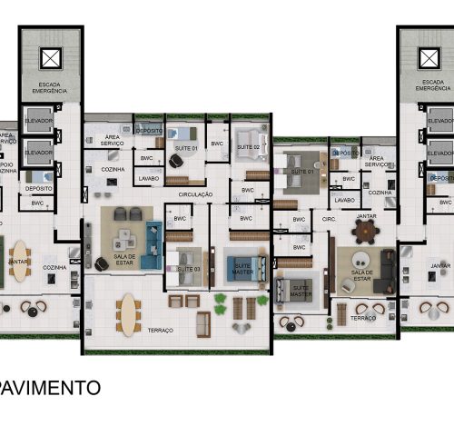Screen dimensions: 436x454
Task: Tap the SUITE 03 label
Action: pyautogui.click(x=188, y=270)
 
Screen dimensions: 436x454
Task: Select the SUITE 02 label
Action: pyautogui.click(x=249, y=147)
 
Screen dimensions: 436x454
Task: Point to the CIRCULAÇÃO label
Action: pyautogui.click(x=195, y=194)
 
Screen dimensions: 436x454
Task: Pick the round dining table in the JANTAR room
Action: pyautogui.click(x=366, y=233)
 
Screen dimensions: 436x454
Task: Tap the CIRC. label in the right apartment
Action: pyautogui.click(x=330, y=219)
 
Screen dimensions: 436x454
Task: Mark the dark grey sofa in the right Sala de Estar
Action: pyautogui.click(x=388, y=270)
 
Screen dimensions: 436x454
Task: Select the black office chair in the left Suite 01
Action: pyautogui.click(x=174, y=160)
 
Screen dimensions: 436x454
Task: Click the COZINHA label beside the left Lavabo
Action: pyautogui.click(x=113, y=170)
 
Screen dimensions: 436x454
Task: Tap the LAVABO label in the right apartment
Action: pyautogui.click(x=344, y=200)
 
